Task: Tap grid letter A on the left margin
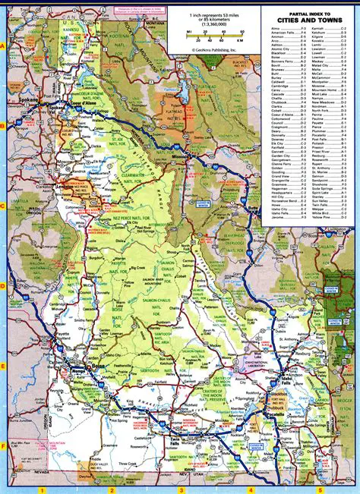click(4, 46)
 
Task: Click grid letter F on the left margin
click(4, 446)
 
